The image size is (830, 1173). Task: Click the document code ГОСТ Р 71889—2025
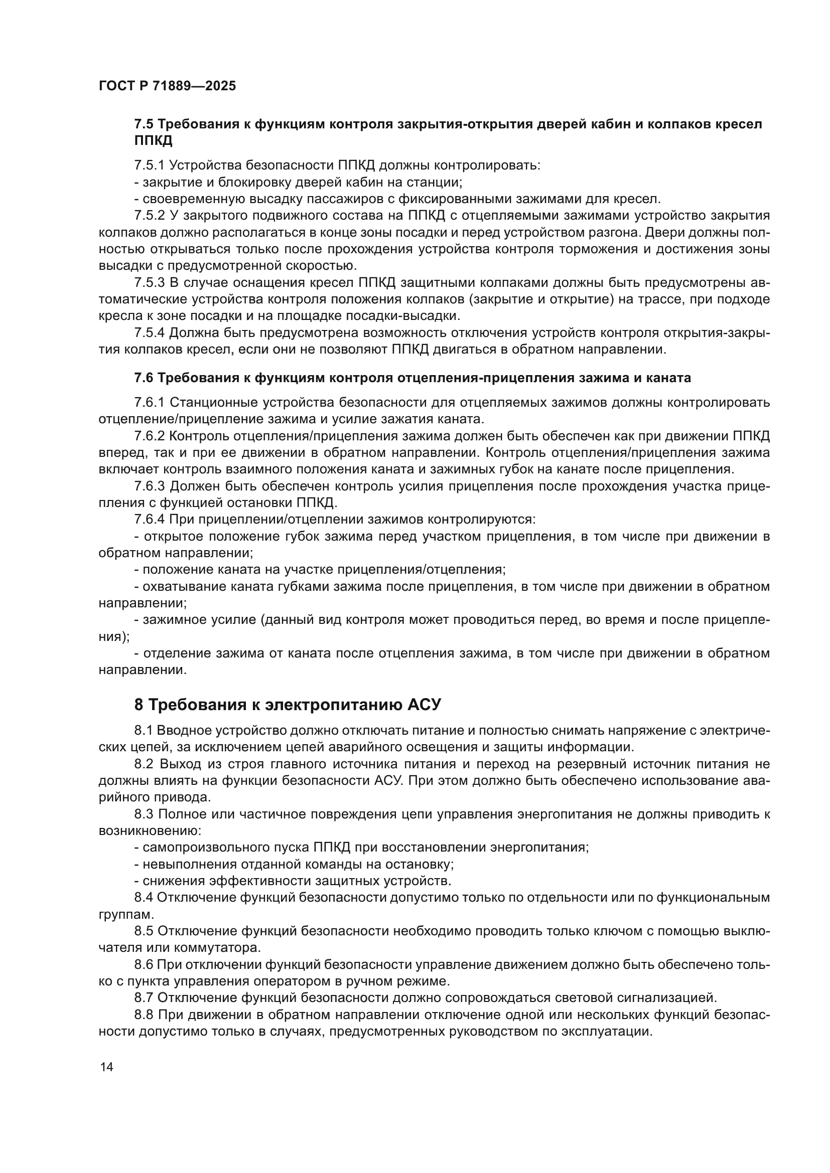click(167, 86)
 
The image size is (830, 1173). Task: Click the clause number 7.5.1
click(149, 165)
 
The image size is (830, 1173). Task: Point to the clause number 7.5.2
click(149, 216)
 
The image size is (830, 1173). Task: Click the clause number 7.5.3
click(149, 282)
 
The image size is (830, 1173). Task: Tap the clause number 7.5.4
click(149, 333)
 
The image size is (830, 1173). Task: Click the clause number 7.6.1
click(149, 403)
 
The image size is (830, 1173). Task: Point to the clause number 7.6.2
click(149, 436)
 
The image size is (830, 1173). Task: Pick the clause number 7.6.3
click(149, 486)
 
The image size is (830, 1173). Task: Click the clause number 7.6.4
click(149, 520)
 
